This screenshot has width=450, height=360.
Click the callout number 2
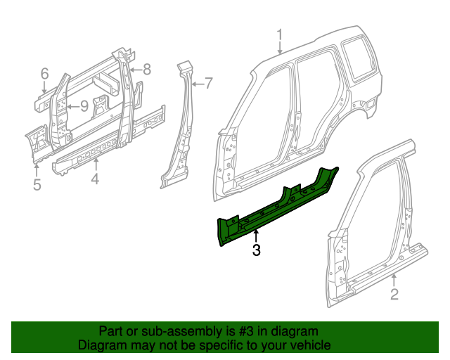pyautogui.click(x=394, y=294)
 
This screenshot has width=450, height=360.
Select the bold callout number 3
pyautogui.click(x=257, y=250)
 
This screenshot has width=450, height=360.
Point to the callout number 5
pyautogui.click(x=37, y=185)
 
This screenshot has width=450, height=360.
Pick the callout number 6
pyautogui.click(x=44, y=73)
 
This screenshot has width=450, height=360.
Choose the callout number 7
pyautogui.click(x=207, y=84)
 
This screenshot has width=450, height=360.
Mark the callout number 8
pyautogui.click(x=147, y=69)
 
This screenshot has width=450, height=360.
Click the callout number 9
pyautogui.click(x=83, y=106)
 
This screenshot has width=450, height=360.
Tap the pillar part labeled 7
pyautogui.click(x=181, y=127)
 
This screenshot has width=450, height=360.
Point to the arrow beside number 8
pyautogui.click(x=136, y=69)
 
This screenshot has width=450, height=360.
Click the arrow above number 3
pyautogui.click(x=257, y=235)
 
